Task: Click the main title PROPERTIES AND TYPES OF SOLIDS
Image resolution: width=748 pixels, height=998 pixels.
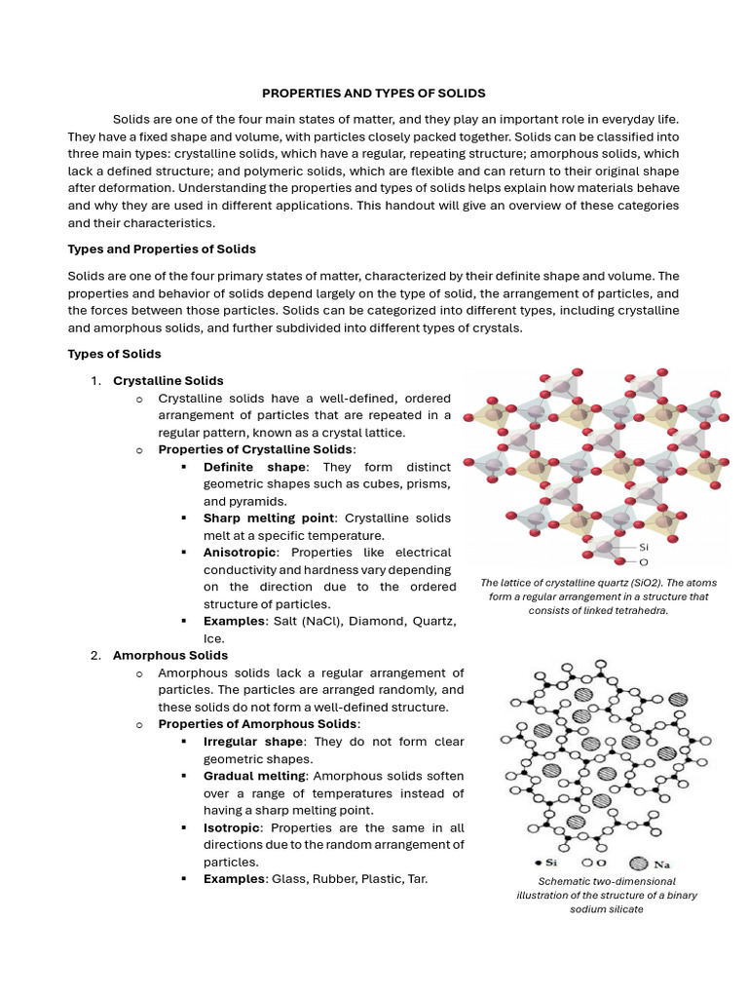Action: click(x=374, y=93)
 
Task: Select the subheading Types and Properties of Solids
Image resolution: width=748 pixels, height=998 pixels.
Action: click(x=161, y=249)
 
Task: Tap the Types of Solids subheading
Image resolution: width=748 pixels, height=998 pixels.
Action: click(x=114, y=354)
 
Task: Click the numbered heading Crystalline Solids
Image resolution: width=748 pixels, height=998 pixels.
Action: click(x=168, y=380)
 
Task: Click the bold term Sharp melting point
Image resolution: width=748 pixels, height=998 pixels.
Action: click(x=269, y=518)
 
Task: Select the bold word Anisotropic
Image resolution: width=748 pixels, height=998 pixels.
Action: click(x=240, y=553)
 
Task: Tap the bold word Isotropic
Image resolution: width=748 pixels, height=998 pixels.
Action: click(x=232, y=827)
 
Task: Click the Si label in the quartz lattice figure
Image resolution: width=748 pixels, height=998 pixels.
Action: click(x=644, y=548)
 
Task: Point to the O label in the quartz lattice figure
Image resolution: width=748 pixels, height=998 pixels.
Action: click(x=644, y=562)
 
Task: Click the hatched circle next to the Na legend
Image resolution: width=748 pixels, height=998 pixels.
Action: click(x=639, y=864)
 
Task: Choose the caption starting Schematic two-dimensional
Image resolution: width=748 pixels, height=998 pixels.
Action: click(x=607, y=895)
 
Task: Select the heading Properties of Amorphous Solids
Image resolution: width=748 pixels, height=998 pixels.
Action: click(x=257, y=724)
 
